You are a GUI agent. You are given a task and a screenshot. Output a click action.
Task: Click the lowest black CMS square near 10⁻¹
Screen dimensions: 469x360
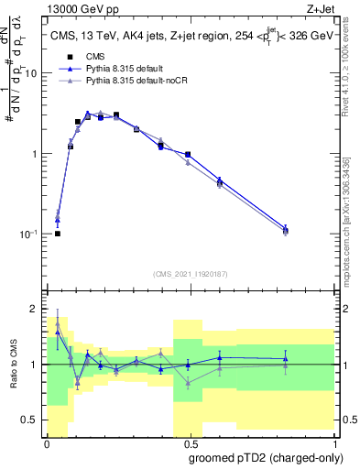(58, 234)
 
